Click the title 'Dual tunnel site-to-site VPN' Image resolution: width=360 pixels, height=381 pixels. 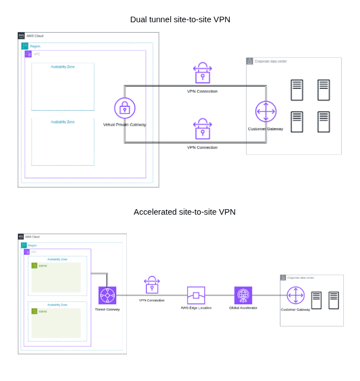pyautogui.click(x=180, y=19)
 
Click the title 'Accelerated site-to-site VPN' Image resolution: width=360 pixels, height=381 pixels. pyautogui.click(x=184, y=212)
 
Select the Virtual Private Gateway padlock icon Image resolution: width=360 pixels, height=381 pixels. pyautogui.click(x=125, y=108)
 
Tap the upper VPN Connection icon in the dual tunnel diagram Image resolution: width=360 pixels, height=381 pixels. pyautogui.click(x=203, y=73)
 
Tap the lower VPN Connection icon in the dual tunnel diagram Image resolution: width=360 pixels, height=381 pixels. pyautogui.click(x=203, y=129)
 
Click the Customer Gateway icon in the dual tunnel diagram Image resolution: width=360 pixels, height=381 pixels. pyautogui.click(x=265, y=111)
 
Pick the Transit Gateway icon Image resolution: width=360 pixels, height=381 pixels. pyautogui.click(x=107, y=295)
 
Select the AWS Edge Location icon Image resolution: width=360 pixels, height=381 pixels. pyautogui.click(x=196, y=295)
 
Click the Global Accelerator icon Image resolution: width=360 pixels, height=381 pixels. pyautogui.click(x=243, y=295)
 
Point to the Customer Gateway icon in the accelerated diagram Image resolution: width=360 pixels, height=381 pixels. pyautogui.click(x=295, y=295)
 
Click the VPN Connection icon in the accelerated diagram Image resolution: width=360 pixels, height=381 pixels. pyautogui.click(x=152, y=285)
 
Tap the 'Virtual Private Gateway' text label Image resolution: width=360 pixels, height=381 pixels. pyautogui.click(x=125, y=125)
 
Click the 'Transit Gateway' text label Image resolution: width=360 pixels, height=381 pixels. pyautogui.click(x=107, y=309)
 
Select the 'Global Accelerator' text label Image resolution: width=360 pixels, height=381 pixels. pyautogui.click(x=243, y=308)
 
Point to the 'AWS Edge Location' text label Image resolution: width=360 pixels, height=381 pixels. pyautogui.click(x=196, y=308)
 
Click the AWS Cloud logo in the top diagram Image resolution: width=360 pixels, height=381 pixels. pyautogui.click(x=21, y=36)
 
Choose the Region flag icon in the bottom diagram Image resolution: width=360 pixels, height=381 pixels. pyautogui.click(x=24, y=245)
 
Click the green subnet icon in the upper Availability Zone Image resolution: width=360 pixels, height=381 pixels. pyautogui.click(x=34, y=265)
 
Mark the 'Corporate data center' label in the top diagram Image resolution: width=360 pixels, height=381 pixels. pyautogui.click(x=270, y=61)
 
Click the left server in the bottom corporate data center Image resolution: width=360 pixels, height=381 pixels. pyautogui.click(x=316, y=300)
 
